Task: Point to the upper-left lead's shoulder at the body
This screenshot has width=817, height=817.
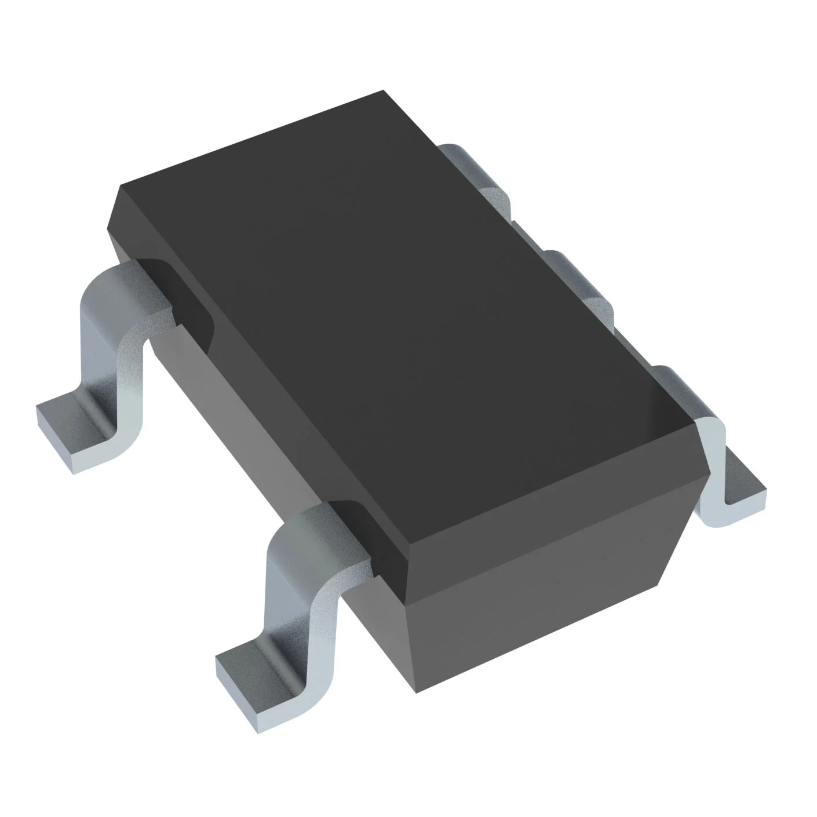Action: (x=145, y=290)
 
